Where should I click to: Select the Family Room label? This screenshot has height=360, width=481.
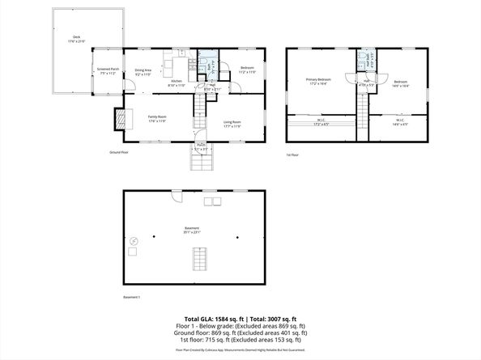click(157, 119)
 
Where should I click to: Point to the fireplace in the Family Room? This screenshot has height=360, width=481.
click(121, 119)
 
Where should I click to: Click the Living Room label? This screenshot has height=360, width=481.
click(232, 123)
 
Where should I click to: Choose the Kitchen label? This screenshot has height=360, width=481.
click(177, 83)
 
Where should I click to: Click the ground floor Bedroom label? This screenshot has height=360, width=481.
click(247, 70)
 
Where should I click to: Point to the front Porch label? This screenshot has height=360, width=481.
click(201, 148)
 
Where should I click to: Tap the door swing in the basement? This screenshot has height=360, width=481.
click(175, 197)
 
